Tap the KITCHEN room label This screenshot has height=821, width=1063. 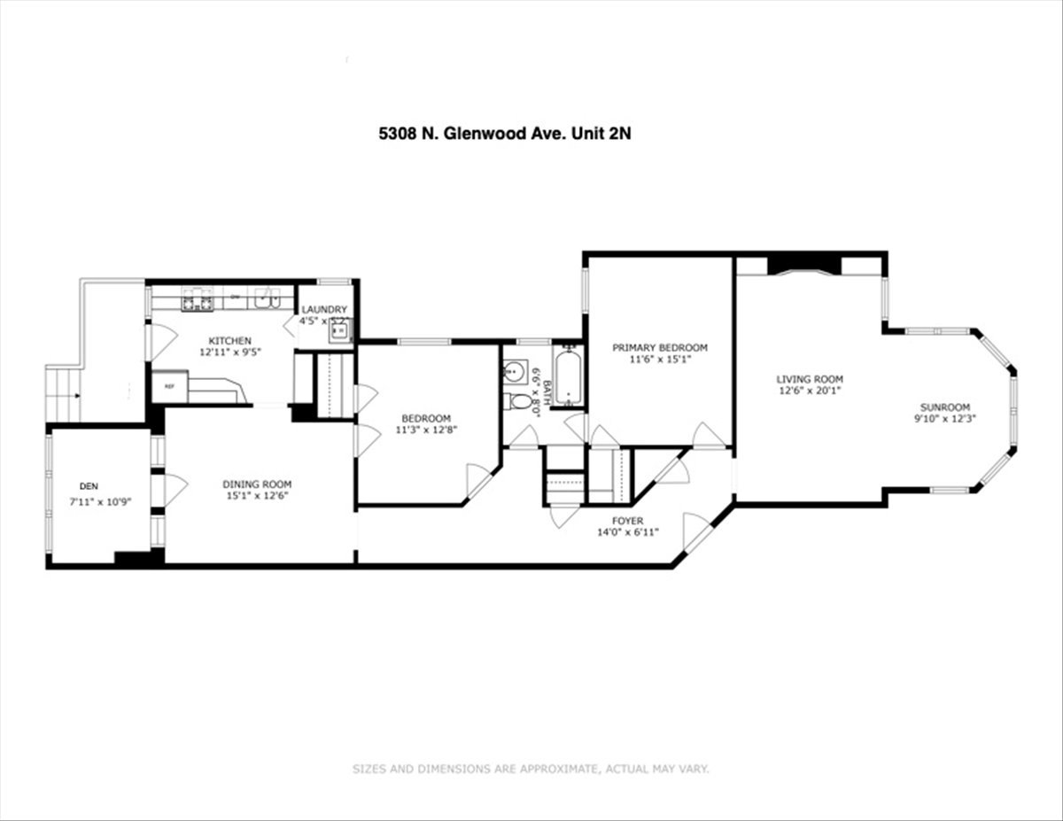[x=229, y=341]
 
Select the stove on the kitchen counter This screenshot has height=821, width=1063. [x=197, y=303]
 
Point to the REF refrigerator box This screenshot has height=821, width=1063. [x=168, y=387]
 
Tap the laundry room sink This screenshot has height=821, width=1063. [x=340, y=332]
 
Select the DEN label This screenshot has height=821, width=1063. [x=89, y=485]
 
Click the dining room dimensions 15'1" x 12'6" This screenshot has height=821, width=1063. [x=256, y=496]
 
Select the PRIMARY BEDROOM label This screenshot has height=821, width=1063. [x=660, y=347]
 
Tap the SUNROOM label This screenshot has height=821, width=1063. [x=945, y=407]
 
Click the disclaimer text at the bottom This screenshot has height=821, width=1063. [x=531, y=769]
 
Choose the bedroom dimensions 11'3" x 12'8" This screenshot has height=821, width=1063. [x=426, y=430]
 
